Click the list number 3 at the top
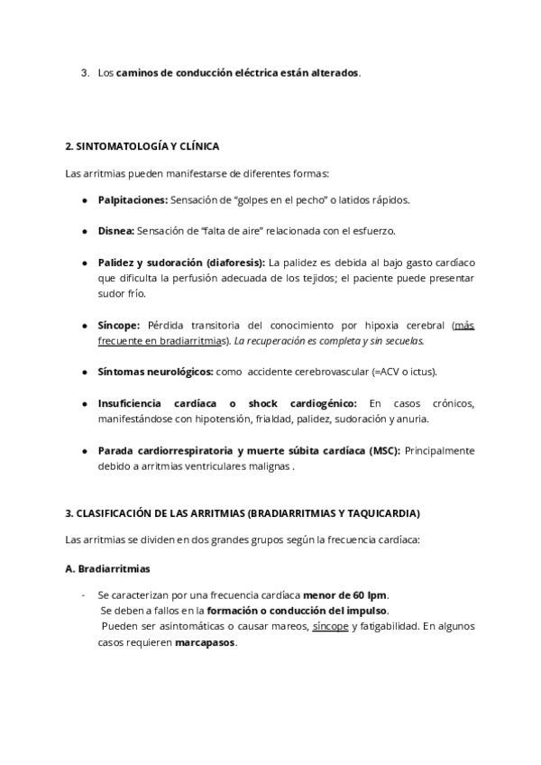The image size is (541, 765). coord(84,72)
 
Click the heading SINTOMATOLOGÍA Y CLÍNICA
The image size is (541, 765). coord(142,145)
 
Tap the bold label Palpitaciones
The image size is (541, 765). coord(133,199)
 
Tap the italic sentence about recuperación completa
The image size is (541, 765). coord(330,341)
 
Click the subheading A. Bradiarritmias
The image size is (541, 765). coord(108,569)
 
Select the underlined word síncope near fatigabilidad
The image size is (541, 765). coord(330,625)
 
